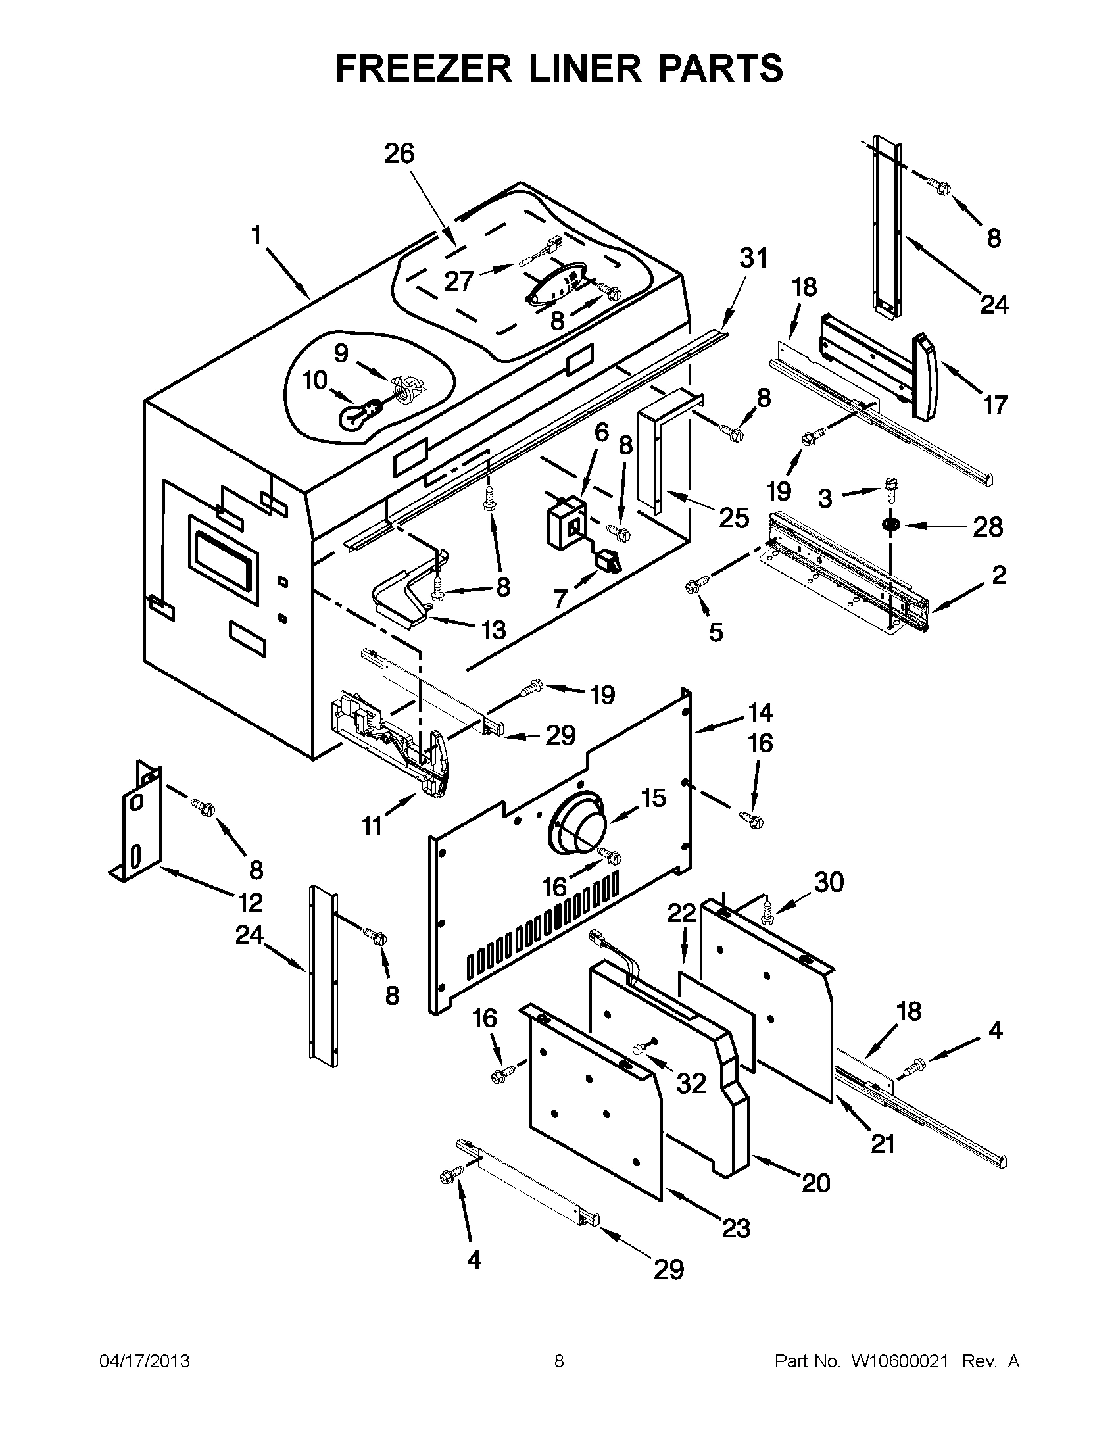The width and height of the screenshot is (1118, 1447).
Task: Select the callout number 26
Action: click(399, 154)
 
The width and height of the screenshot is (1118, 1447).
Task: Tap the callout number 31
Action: click(753, 258)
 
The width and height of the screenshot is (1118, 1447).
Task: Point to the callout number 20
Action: click(815, 1182)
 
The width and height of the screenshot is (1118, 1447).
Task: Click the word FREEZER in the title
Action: click(424, 68)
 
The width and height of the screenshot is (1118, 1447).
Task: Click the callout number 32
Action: click(691, 1083)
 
